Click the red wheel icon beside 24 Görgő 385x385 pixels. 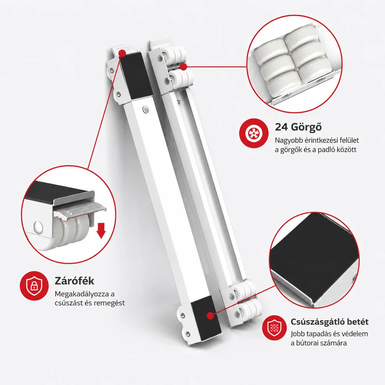click(x=254, y=133)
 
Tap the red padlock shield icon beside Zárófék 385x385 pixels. click(x=34, y=286)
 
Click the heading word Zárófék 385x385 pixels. click(x=74, y=281)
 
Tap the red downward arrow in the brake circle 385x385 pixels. click(x=101, y=231)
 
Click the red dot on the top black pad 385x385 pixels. click(x=122, y=53)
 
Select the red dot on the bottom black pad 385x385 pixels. click(x=210, y=316)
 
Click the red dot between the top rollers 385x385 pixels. click(x=183, y=66)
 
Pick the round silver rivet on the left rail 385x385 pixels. click(x=146, y=109)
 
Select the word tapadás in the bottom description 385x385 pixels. click(x=316, y=334)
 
